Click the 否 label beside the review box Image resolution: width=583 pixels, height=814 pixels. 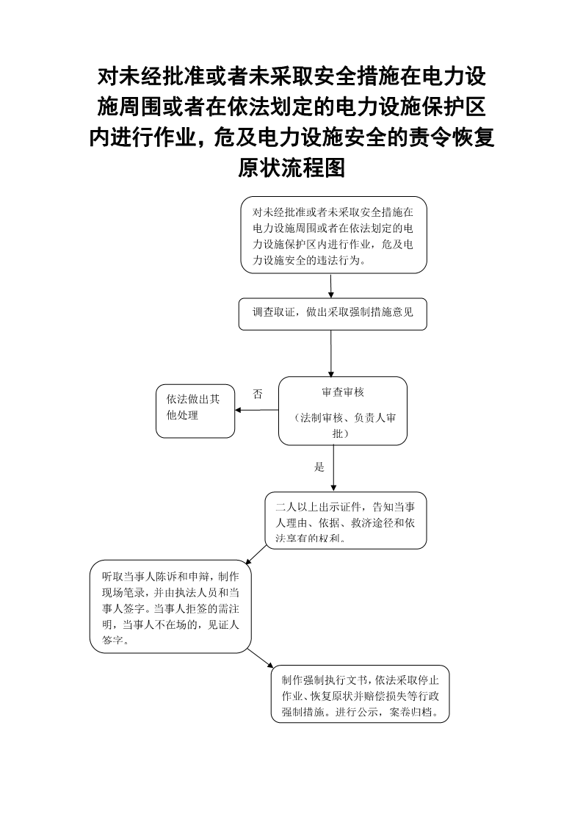(x=257, y=394)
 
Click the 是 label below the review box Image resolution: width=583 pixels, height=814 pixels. (x=319, y=467)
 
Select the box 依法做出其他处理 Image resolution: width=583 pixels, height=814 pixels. (x=195, y=411)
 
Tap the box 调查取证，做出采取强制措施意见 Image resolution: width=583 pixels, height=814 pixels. (x=333, y=314)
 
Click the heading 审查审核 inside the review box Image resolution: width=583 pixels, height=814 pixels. (x=343, y=392)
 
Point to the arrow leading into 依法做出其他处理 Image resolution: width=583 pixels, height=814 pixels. (x=257, y=410)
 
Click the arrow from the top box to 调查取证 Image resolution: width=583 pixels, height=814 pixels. (x=331, y=286)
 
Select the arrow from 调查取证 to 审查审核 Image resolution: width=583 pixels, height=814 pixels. (x=331, y=353)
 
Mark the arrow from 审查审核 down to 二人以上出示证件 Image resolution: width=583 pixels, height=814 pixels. (x=333, y=468)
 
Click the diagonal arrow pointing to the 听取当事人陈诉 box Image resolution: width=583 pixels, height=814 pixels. (x=256, y=555)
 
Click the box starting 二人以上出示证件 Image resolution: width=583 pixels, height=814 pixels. (x=345, y=521)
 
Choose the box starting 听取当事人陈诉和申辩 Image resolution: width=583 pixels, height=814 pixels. (x=170, y=606)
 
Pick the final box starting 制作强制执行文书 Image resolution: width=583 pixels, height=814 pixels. (x=360, y=694)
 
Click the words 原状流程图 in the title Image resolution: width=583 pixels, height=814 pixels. (x=291, y=168)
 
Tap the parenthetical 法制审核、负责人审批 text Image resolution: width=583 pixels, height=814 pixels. (x=343, y=425)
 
